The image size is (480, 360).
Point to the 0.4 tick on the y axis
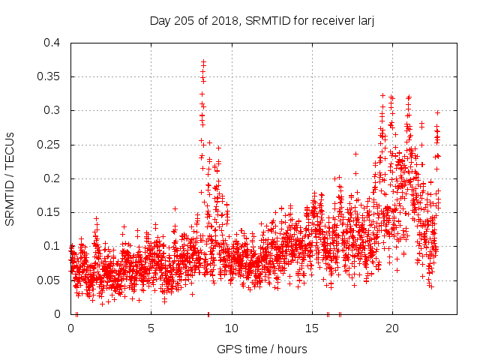pos(52,43)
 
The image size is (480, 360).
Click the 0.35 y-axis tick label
pos(49,76)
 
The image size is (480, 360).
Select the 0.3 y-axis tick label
pos(52,110)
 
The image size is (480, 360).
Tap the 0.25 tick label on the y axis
pos(49,144)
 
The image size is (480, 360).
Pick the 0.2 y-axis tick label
pos(52,178)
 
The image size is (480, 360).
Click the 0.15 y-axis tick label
pos(49,212)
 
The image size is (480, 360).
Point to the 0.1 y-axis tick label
pos(52,246)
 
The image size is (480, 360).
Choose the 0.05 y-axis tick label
pos(49,280)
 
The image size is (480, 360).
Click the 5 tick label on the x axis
pos(151,328)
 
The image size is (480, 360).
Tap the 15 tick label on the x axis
pos(311,328)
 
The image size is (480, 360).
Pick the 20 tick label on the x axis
pos(391,328)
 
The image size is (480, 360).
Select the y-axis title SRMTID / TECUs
pos(10,178)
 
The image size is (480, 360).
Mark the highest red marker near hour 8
pos(203,62)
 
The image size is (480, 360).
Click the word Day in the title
pos(160,21)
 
